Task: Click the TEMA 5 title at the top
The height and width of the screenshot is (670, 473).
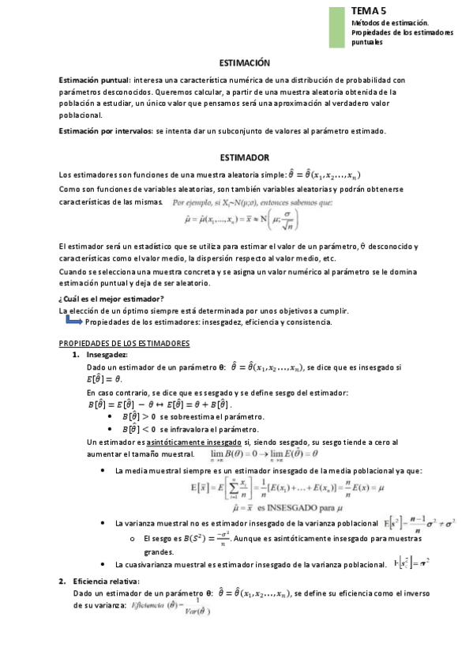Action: (370, 12)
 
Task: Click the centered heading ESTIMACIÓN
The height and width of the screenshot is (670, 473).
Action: (243, 63)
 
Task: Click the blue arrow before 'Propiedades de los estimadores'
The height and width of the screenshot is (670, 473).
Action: (73, 322)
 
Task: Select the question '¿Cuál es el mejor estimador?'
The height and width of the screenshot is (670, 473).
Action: (111, 299)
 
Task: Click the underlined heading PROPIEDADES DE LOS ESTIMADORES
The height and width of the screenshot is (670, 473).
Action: (124, 344)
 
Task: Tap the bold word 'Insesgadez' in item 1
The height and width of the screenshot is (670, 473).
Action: (107, 356)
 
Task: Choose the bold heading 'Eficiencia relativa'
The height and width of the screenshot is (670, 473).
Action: (106, 582)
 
